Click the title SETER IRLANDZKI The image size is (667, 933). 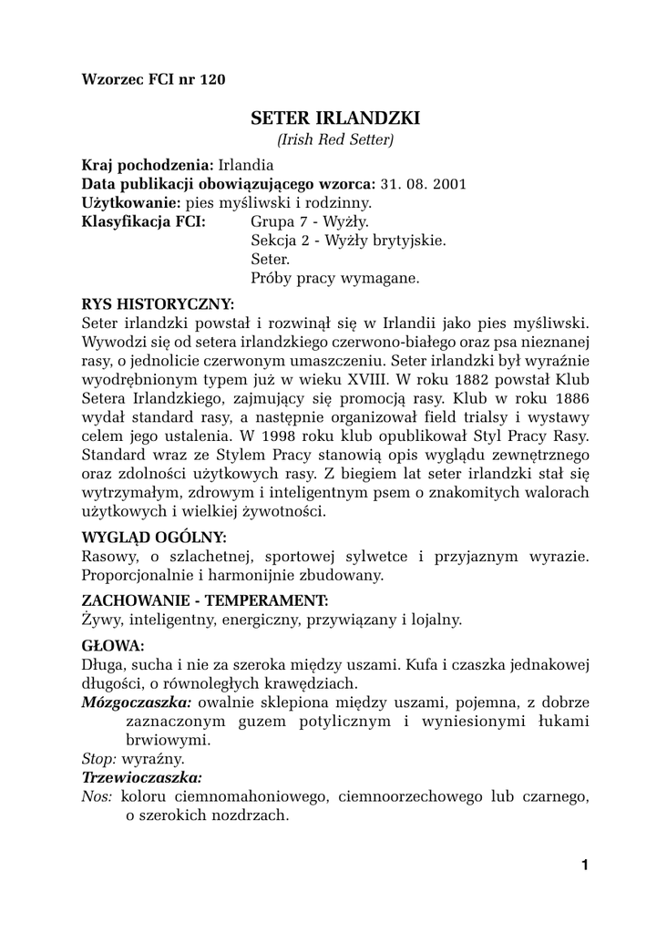(334, 118)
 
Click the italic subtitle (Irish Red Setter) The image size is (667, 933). (334, 140)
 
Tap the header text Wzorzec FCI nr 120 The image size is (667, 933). (153, 78)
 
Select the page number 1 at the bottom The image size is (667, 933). (584, 866)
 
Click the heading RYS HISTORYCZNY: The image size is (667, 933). (158, 303)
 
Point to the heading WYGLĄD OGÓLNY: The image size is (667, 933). (154, 537)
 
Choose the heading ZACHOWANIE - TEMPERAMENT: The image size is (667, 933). (205, 600)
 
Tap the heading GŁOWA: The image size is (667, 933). (113, 645)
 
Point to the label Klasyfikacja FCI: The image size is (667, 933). (143, 221)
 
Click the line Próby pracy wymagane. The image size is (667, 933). (334, 278)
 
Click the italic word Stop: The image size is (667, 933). (99, 758)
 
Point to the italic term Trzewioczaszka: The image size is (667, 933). (142, 777)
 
